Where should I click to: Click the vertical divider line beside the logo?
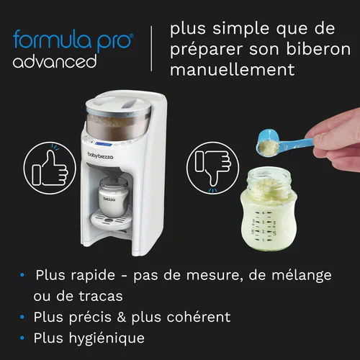(x=151, y=48)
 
